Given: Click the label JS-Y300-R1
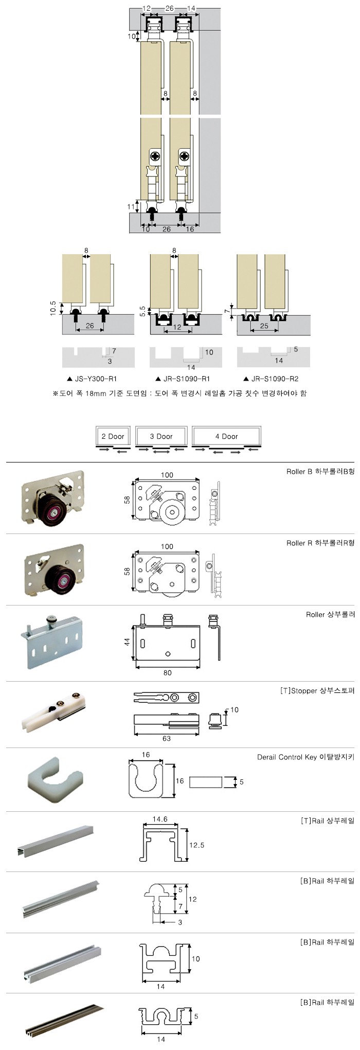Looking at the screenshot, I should [x=96, y=379].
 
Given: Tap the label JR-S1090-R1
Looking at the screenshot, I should [x=186, y=379].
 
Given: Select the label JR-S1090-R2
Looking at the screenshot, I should [x=275, y=379].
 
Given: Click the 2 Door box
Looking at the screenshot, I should [x=113, y=436].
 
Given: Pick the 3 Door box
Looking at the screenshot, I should [x=161, y=436].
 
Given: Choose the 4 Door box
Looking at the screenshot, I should [x=226, y=436].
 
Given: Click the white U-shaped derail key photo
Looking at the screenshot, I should [x=55, y=779].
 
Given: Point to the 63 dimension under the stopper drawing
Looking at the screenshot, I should [x=166, y=738].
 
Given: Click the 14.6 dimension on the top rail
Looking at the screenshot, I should [x=160, y=819].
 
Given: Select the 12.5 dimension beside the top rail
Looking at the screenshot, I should [x=196, y=845].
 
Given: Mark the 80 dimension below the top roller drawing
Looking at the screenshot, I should [x=167, y=672].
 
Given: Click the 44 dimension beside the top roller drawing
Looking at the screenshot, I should [x=127, y=642].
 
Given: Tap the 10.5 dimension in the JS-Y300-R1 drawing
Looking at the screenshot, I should [x=53, y=309].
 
